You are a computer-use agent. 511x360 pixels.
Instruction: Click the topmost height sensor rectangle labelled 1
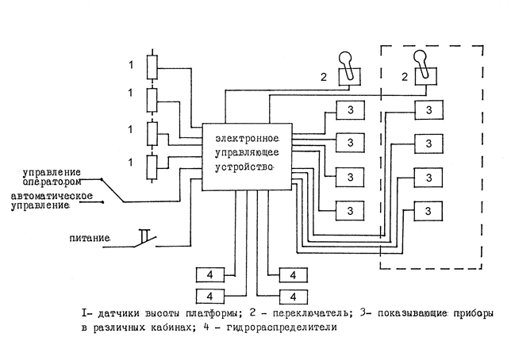click(x=152, y=66)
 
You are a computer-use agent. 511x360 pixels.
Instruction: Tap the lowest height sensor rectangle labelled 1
click(x=152, y=167)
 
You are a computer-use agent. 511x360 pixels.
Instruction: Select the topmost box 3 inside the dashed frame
click(x=428, y=109)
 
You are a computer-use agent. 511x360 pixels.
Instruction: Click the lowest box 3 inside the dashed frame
click(x=428, y=210)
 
